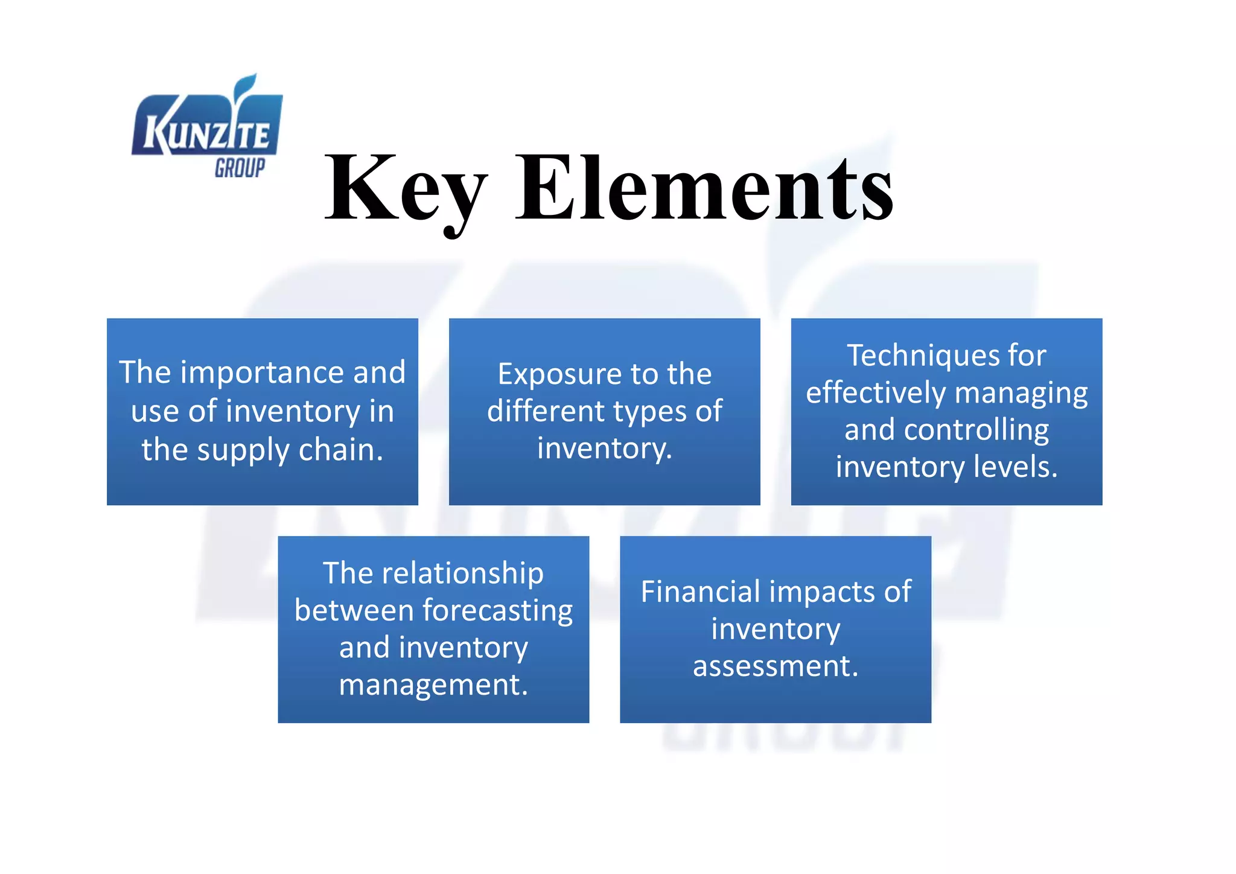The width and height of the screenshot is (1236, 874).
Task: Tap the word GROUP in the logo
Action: coord(240,168)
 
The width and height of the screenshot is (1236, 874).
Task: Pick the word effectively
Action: coord(876,393)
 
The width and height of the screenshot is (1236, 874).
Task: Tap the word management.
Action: coord(433,685)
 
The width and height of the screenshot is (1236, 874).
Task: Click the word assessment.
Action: coord(775,666)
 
